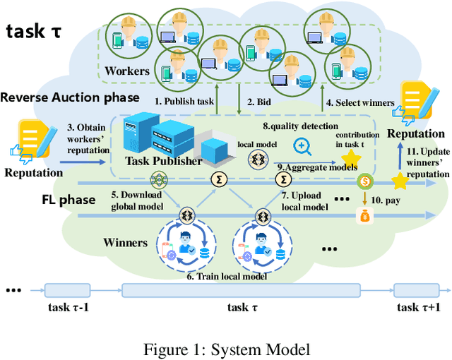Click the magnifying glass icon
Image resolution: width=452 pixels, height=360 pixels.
[x=304, y=146]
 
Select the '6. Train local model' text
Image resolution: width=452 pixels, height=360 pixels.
[x=227, y=277]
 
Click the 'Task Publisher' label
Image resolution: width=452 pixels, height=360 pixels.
[x=162, y=161]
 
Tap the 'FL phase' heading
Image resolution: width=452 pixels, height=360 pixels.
[x=67, y=200]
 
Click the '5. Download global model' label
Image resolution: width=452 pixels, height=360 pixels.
[x=138, y=200]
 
